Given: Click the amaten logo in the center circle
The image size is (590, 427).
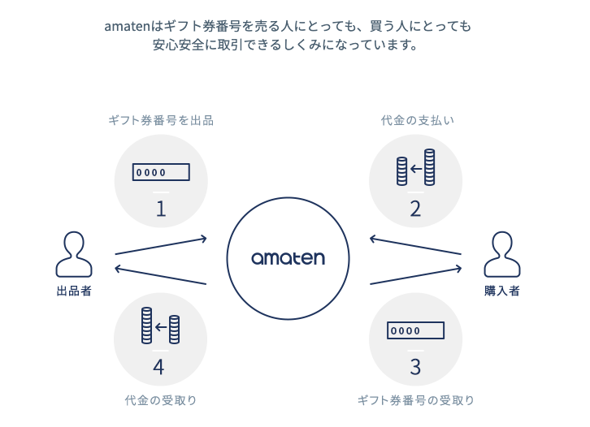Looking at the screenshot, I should click(288, 258).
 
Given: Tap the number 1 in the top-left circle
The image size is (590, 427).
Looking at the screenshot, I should click(161, 209).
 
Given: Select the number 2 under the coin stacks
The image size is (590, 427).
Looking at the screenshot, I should click(415, 209).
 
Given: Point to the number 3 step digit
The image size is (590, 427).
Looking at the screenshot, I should click(415, 366).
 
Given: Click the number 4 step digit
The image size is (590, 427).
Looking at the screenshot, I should click(159, 366).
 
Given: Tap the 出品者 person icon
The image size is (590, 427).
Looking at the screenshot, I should click(73, 253).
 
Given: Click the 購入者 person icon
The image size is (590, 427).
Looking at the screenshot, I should click(501, 253).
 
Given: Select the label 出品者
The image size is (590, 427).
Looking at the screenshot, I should click(74, 291).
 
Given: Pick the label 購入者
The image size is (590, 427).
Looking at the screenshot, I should click(501, 291).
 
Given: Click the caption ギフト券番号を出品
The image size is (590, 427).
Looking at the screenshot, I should click(161, 121).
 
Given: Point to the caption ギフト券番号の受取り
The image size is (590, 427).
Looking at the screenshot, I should click(416, 399).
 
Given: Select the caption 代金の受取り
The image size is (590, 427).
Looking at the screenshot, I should click(161, 399).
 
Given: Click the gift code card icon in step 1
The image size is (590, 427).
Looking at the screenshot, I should click(161, 172).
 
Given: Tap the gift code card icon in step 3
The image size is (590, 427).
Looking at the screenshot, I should click(416, 330).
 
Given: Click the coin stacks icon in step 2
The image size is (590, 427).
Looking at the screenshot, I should click(415, 169).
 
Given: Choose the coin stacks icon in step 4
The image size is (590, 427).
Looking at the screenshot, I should click(159, 326).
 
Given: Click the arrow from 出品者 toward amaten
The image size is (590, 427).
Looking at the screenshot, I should click(161, 246).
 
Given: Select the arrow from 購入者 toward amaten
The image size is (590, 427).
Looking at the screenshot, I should click(415, 246).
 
